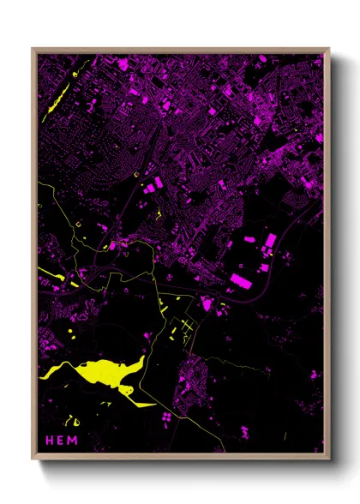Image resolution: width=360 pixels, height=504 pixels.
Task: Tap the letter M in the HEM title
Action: [73, 439]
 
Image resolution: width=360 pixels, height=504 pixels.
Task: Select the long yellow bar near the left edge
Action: [57, 278]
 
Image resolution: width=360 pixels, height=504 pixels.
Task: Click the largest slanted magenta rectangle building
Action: [243, 281]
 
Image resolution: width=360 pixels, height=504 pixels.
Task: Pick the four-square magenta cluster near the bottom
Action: [165, 416]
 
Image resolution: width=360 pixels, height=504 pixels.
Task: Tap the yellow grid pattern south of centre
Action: [182, 329]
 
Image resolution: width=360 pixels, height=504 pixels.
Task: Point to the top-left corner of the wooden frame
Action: [33, 49]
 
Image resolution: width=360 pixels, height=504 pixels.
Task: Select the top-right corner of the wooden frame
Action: [328, 49]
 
